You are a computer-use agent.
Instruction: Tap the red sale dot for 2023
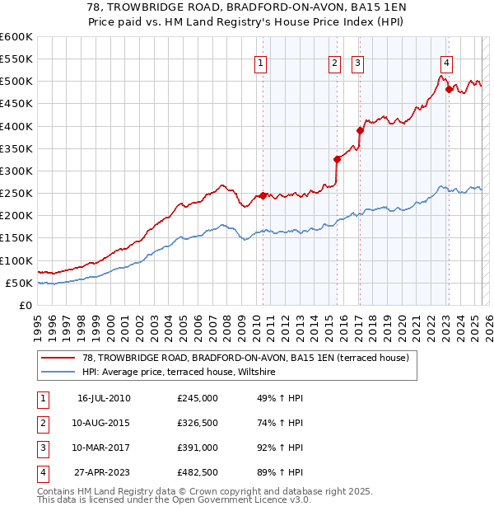(449, 89)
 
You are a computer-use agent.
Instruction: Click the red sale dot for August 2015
(337, 159)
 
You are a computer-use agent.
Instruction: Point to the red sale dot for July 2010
(263, 195)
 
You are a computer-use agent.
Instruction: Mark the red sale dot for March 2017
(360, 130)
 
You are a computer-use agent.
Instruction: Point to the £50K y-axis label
(18, 283)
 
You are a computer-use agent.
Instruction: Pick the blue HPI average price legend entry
(182, 373)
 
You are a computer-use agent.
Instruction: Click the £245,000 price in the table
(198, 398)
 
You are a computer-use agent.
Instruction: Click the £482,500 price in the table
(198, 472)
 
